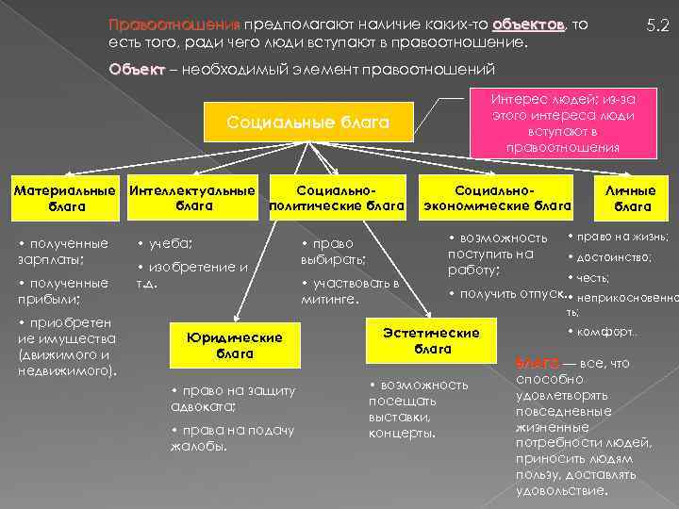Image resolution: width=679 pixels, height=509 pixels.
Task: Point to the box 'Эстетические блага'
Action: (x=430, y=340)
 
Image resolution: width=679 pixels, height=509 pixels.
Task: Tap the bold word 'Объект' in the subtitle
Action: (x=136, y=69)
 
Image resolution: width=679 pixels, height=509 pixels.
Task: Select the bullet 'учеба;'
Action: (x=170, y=242)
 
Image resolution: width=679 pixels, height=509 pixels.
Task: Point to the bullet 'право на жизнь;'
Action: (x=622, y=236)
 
